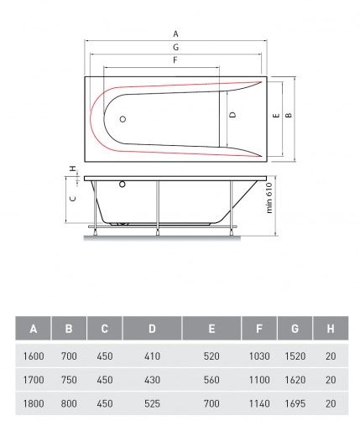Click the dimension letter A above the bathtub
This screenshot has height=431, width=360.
click(x=175, y=34)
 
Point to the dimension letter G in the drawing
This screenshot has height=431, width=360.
click(x=175, y=47)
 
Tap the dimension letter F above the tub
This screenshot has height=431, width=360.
click(x=175, y=60)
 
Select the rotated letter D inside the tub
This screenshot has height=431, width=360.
click(x=232, y=115)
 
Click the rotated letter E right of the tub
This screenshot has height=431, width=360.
click(x=276, y=115)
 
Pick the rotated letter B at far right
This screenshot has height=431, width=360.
click(x=289, y=115)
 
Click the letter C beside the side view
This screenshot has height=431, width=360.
click(x=73, y=199)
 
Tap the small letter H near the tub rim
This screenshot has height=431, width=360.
click(x=73, y=169)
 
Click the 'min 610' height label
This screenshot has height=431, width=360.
click(x=269, y=198)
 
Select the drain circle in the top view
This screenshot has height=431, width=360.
click(x=123, y=119)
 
